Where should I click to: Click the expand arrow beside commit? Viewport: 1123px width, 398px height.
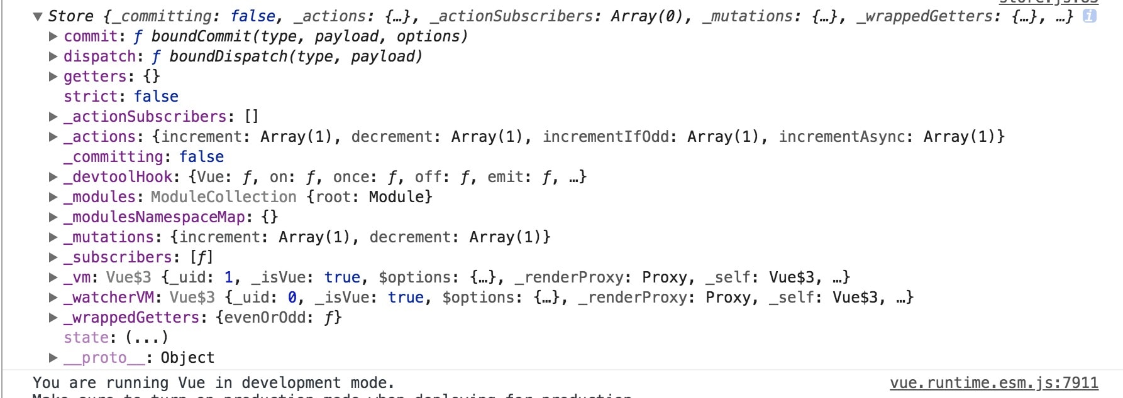coord(53,36)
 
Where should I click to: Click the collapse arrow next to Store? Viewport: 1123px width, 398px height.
coord(38,16)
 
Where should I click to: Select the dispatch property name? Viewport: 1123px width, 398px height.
coord(99,56)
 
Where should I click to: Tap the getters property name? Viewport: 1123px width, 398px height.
coord(94,77)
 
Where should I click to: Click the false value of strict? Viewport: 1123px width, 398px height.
coord(156,97)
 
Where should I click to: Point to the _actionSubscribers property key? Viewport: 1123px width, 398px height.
coord(145,117)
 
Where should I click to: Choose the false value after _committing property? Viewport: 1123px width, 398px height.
coord(201,157)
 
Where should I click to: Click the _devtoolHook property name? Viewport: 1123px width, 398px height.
coord(118,177)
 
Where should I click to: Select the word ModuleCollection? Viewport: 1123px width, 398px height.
coord(223,197)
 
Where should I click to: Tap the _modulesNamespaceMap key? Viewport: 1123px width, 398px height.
coord(154,217)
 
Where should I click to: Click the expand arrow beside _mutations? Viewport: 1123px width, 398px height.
coord(53,237)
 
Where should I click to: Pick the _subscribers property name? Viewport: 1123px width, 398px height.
coord(118,257)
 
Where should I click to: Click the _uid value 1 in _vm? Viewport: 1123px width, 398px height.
coord(228,277)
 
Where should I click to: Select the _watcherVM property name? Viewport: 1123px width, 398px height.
coord(108,298)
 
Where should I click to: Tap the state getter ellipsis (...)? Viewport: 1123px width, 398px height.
coord(147,338)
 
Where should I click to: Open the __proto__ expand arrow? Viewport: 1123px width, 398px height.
coord(53,358)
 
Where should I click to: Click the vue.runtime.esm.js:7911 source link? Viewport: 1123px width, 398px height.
coord(993,383)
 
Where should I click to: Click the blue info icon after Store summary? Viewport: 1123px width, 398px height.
coord(1089,16)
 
